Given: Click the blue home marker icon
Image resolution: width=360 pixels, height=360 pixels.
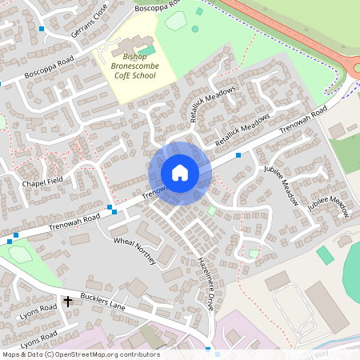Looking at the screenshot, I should pos(180,172).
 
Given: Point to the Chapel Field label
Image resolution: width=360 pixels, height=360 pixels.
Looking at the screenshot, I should pos(42,182).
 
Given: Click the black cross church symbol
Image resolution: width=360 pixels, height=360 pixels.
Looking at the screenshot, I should pos(67,301).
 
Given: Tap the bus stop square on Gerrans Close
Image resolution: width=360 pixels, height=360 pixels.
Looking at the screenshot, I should pos(42,29).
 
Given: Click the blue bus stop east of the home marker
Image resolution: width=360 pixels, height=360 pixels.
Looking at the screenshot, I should pos(238,155).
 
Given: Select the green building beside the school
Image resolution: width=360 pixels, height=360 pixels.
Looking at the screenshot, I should pos(146,50).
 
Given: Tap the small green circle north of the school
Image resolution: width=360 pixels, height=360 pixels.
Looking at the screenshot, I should pos(195,29).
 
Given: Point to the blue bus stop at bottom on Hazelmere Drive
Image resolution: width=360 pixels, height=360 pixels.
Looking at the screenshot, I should pos(207,350).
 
